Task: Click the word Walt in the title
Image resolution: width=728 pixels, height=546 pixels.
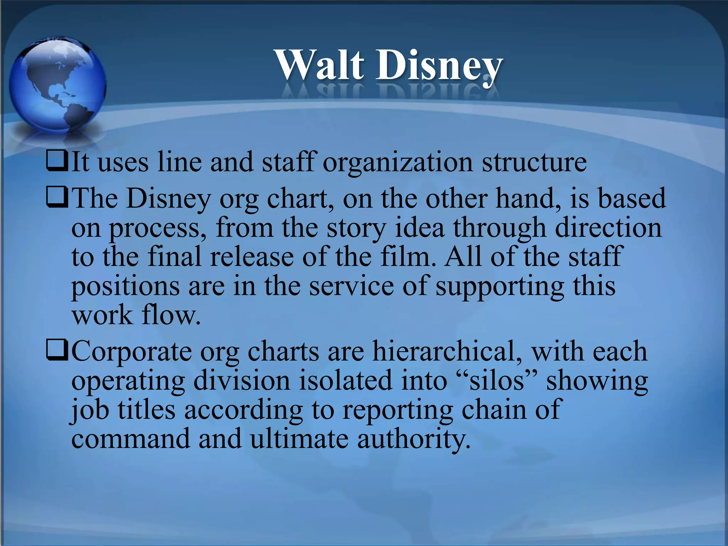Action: pyautogui.click(x=320, y=65)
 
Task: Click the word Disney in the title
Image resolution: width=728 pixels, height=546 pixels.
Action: pyautogui.click(x=439, y=66)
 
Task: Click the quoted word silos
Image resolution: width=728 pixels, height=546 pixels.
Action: pyautogui.click(x=497, y=380)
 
